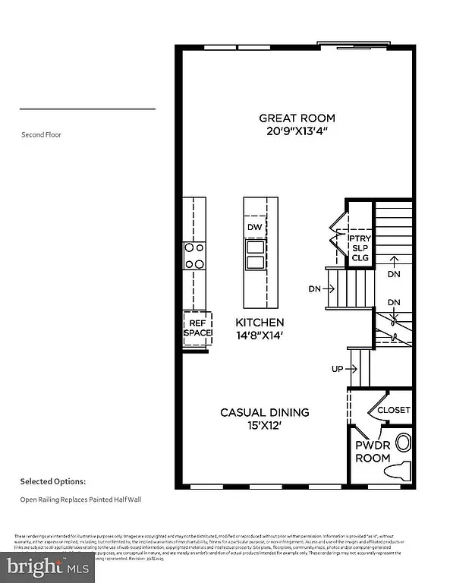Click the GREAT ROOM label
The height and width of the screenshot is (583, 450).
[x=297, y=118]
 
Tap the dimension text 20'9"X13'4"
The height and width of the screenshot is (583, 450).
[x=297, y=131]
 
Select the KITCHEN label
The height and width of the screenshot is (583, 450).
[x=260, y=322]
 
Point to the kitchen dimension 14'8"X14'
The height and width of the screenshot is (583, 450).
[x=260, y=335]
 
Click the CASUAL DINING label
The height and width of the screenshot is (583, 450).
[x=264, y=412]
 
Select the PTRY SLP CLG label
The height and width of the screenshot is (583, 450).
[x=359, y=248]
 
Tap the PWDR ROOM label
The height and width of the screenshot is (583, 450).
[x=373, y=452]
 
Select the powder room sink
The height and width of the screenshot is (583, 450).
[x=403, y=441]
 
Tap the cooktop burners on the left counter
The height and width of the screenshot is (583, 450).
[x=195, y=255]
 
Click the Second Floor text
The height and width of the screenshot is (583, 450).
[x=42, y=134]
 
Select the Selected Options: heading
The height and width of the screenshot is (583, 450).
[x=52, y=481]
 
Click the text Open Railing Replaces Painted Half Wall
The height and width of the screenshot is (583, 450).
[x=80, y=499]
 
